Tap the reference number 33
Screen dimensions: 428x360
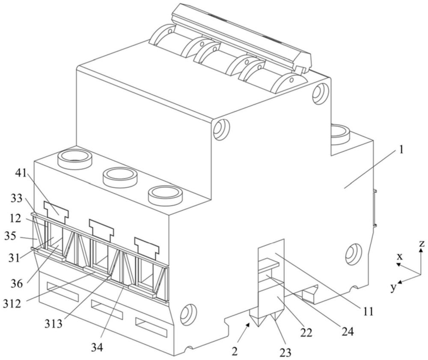(16, 198)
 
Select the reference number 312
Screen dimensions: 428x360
(12, 303)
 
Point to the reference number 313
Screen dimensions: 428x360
(53, 324)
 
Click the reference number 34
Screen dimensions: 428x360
(97, 347)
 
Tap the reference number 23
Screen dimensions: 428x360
(285, 352)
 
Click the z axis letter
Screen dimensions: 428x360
(422, 243)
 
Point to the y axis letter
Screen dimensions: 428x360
(393, 287)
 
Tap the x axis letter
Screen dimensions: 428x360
(400, 257)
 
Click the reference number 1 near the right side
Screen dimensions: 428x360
(401, 150)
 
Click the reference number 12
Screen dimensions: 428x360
(15, 218)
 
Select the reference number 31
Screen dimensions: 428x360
(14, 257)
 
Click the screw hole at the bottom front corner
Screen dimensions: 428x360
(188, 314)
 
